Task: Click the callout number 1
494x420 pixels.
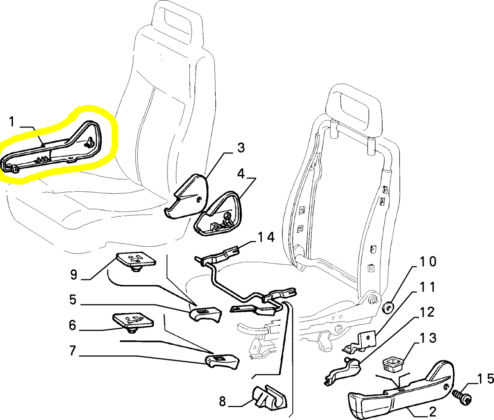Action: click(12, 122)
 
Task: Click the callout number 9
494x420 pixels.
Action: click(74, 274)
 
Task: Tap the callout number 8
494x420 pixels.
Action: click(222, 402)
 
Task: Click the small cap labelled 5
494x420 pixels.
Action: click(205, 315)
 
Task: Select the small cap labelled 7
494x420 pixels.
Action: click(222, 361)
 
